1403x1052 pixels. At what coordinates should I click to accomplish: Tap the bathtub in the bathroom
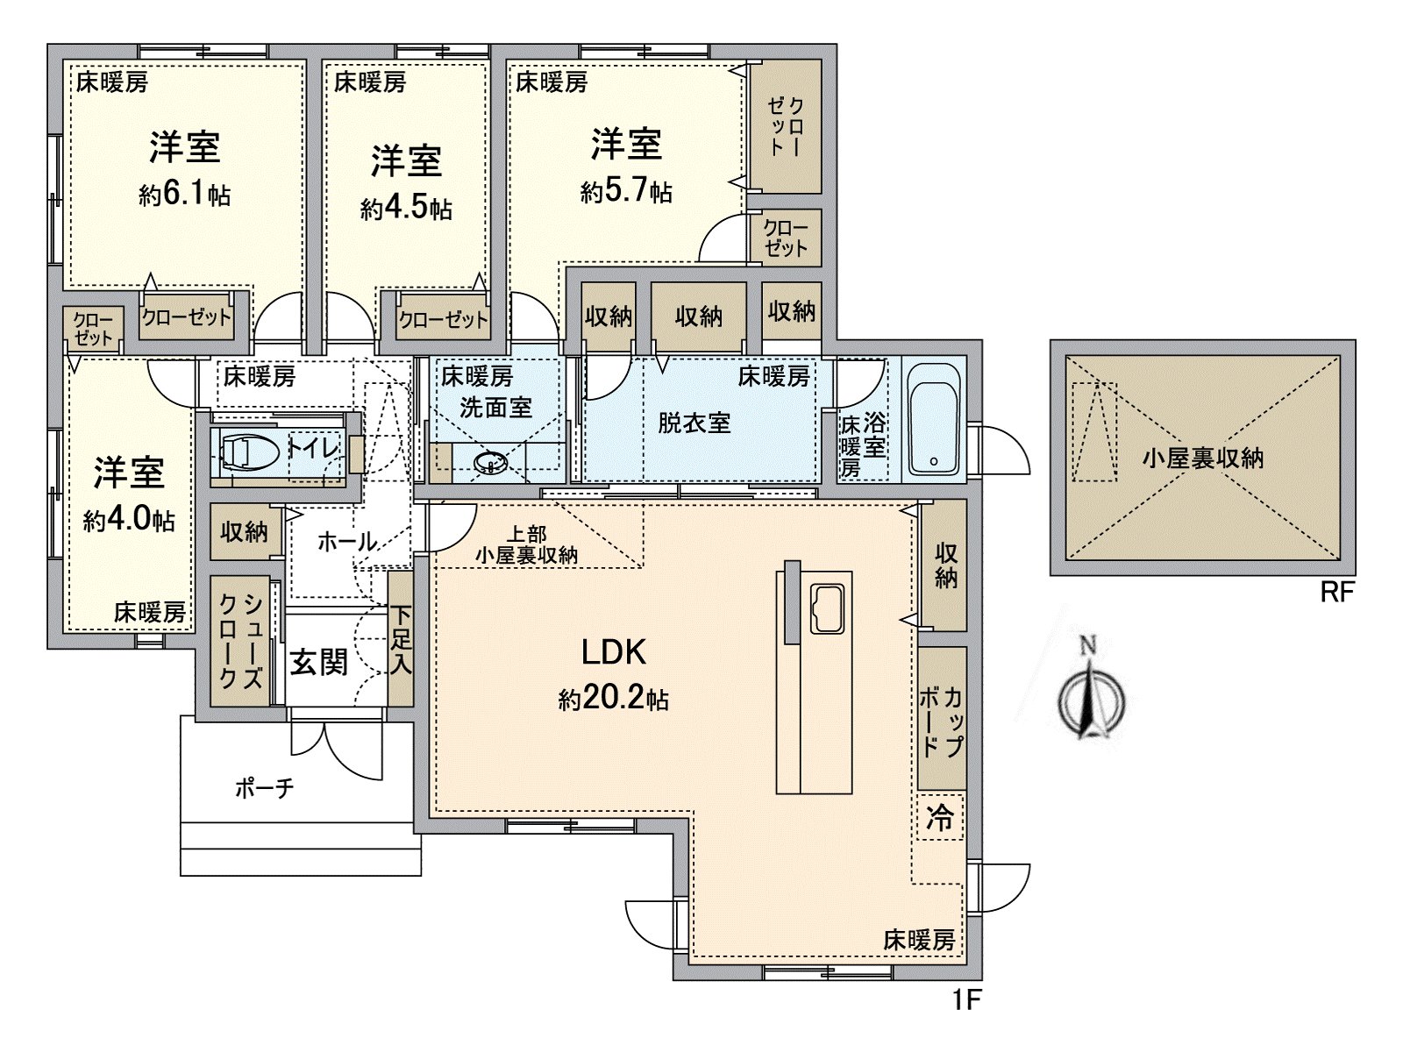(x=932, y=419)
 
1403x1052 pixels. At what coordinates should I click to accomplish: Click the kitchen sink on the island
(x=828, y=608)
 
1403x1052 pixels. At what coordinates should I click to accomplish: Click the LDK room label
(x=614, y=652)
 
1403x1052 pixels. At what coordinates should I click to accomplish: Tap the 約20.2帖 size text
(x=614, y=699)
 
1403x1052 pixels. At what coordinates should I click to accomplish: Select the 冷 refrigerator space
(x=940, y=818)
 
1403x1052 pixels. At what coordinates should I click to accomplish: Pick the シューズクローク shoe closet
(x=239, y=641)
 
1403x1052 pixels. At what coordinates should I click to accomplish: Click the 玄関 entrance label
(x=319, y=663)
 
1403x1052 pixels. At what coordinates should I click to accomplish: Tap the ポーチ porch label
(x=264, y=788)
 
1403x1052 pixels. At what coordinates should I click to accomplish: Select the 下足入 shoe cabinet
(x=401, y=640)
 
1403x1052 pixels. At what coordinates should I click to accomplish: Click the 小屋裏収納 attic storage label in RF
(x=1202, y=458)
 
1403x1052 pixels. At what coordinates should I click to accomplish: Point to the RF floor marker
(x=1336, y=593)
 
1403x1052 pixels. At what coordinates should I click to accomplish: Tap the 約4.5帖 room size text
(x=405, y=209)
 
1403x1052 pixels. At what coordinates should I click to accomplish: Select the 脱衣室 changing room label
(x=694, y=423)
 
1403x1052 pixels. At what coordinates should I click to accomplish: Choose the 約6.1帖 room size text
(x=184, y=194)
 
